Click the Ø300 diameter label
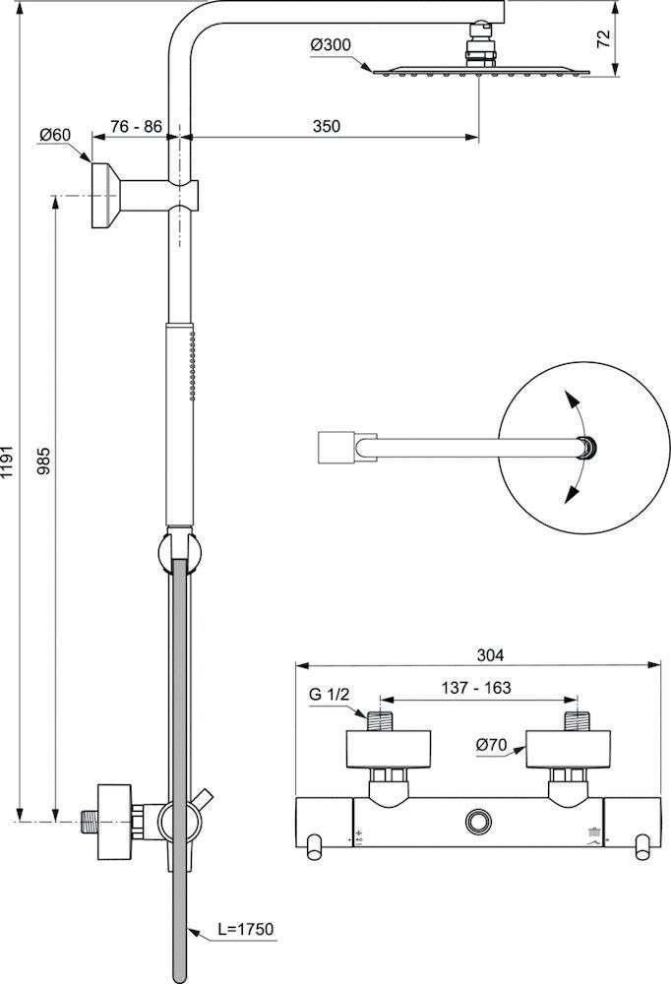pos(331,45)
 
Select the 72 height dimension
pos(603,38)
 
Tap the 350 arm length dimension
pos(327,126)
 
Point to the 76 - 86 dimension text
pos(136,126)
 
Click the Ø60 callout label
pos(55,134)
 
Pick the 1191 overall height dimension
pos(8,462)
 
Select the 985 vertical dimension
pos(43,461)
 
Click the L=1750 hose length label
pos(245,929)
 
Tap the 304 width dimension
pos(490,655)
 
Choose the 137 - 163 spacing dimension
pos(476,688)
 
